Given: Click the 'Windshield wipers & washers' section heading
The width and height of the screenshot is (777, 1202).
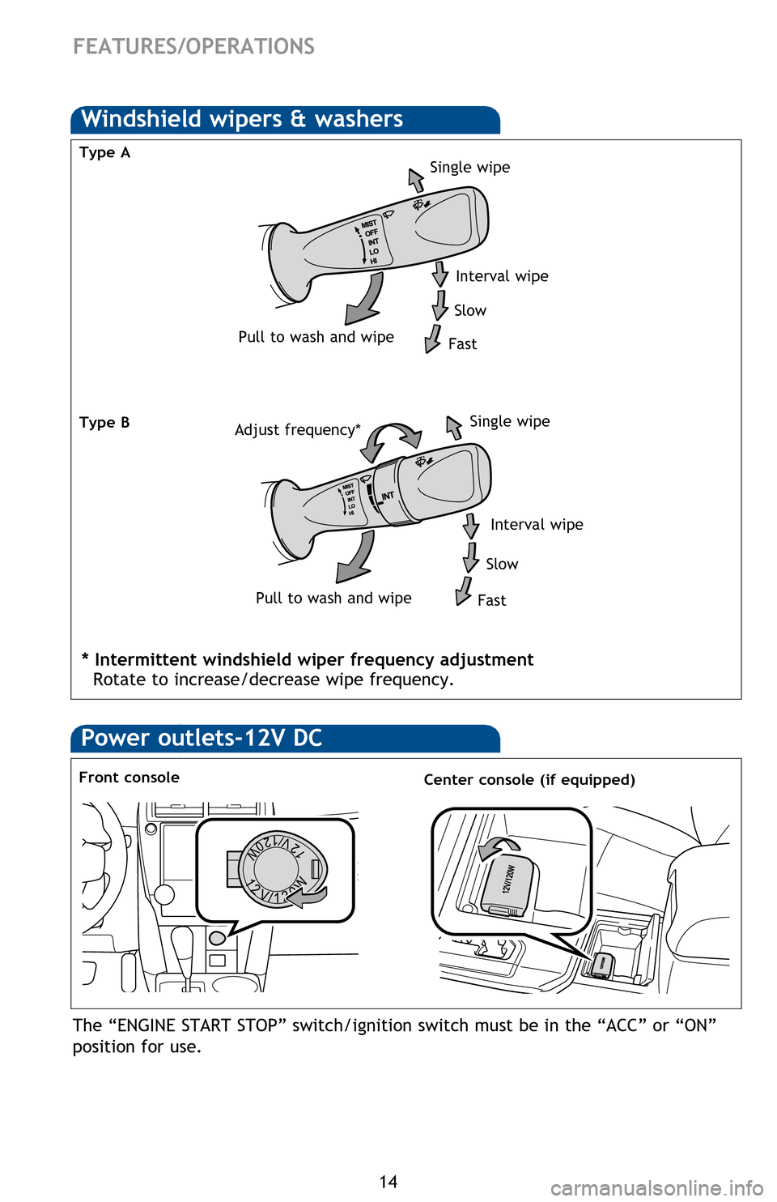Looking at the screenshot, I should [242, 119].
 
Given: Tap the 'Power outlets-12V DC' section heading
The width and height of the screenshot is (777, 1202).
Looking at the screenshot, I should [202, 738].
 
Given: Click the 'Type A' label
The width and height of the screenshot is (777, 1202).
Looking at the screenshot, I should [104, 152].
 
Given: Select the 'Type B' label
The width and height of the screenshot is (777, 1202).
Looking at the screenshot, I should [104, 422].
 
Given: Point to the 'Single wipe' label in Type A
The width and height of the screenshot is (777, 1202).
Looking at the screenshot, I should [469, 167].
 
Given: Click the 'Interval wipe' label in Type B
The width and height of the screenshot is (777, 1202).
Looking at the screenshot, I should [537, 525].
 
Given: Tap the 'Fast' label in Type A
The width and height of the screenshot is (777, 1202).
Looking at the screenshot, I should [462, 344].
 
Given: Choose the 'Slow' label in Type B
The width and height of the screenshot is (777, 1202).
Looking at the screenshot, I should [502, 564].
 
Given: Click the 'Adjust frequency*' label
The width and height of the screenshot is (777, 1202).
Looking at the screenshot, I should [297, 429].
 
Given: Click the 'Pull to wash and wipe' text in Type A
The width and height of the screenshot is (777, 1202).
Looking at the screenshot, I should [316, 337].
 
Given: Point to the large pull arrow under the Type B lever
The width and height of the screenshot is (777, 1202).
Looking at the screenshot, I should [355, 558].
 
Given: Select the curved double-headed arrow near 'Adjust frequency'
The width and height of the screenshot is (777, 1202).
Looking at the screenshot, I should [390, 440].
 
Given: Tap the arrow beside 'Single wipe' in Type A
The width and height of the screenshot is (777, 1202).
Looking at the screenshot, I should [416, 179].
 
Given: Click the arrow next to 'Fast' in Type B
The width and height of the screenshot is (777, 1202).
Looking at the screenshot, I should [464, 590].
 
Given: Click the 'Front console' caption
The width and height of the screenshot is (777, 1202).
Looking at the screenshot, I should [129, 778].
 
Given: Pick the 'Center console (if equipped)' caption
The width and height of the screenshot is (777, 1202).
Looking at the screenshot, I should [529, 780].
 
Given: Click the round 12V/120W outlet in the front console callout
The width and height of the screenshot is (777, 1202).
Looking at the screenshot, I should [278, 868].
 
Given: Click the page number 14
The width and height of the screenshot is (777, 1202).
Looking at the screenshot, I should [388, 1182].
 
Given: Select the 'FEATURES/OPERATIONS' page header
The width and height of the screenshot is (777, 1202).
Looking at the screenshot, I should [193, 47].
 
